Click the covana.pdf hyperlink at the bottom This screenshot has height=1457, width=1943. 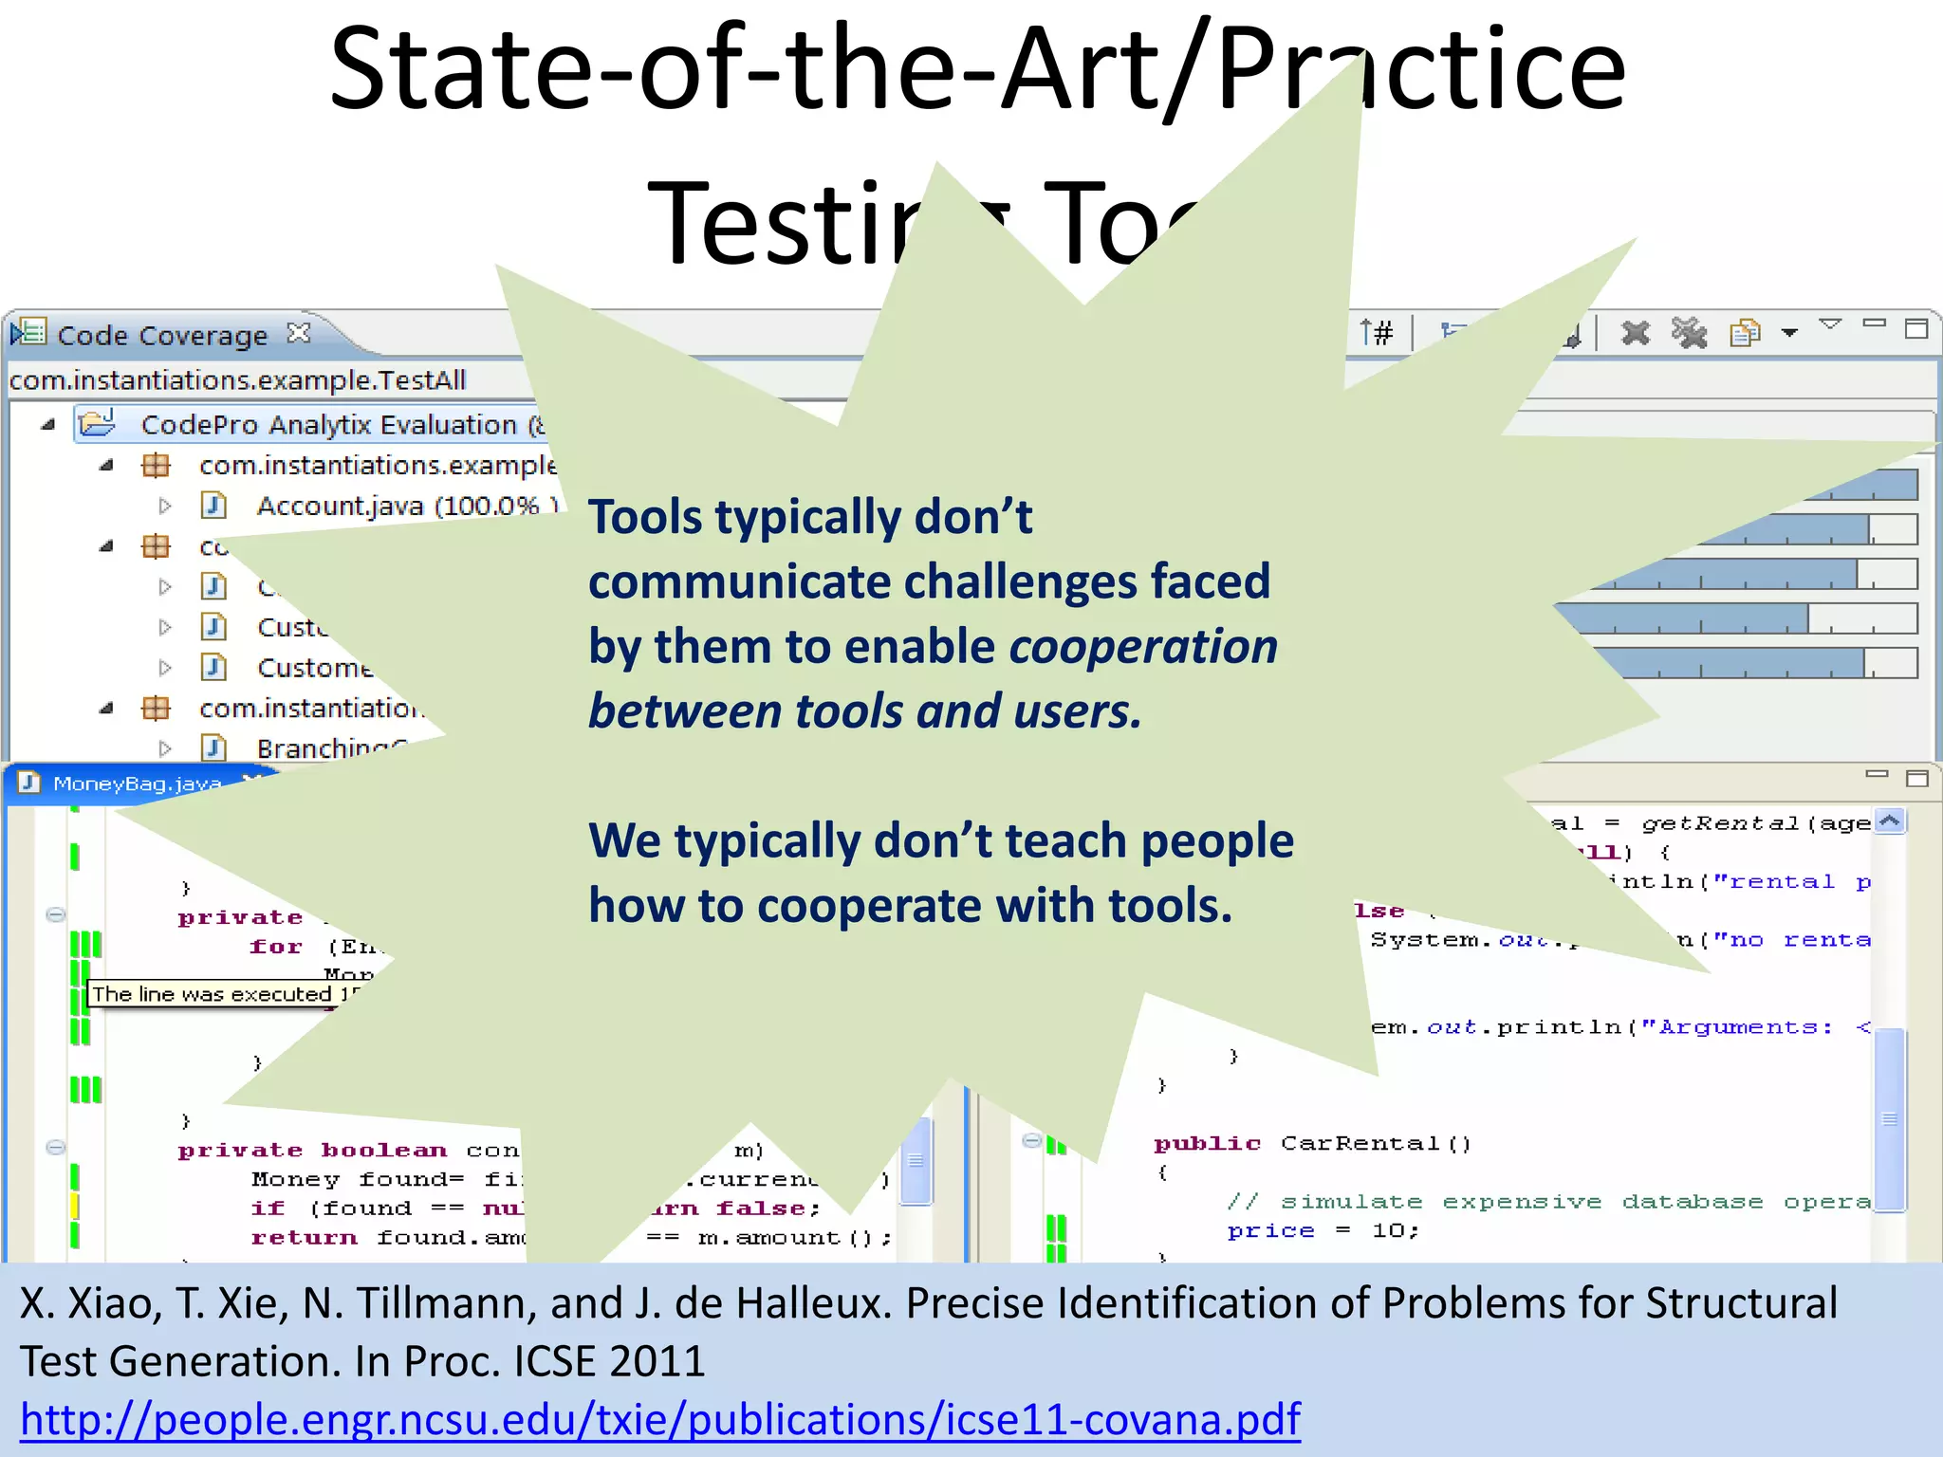(x=660, y=1420)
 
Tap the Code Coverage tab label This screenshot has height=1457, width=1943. (x=162, y=336)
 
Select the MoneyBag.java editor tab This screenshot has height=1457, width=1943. (x=137, y=784)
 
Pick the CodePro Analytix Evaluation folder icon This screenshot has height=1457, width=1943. (x=97, y=423)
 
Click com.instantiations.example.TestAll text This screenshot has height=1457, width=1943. (x=237, y=380)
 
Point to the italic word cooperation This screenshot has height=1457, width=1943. (x=1143, y=647)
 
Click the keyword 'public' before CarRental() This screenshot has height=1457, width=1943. (x=1207, y=1144)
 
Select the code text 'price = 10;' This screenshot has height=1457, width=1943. (x=1323, y=1231)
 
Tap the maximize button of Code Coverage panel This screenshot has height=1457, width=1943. (x=1916, y=329)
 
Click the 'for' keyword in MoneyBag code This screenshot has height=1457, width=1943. (x=275, y=947)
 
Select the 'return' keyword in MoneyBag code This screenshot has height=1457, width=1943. (x=304, y=1238)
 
